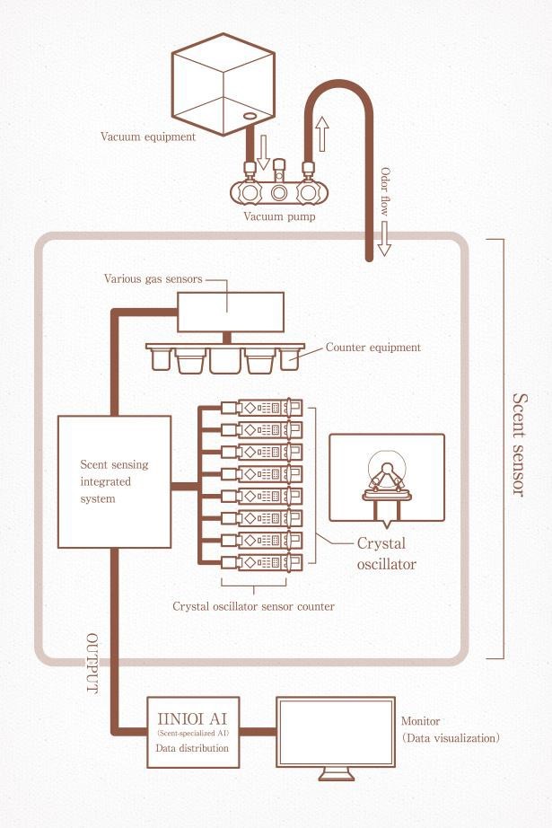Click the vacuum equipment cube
pyautogui.click(x=223, y=84)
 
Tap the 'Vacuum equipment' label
pyautogui.click(x=148, y=137)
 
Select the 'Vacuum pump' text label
pyautogui.click(x=280, y=216)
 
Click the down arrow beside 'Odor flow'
pyautogui.click(x=384, y=239)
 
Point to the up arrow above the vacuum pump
pyautogui.click(x=322, y=134)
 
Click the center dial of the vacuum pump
pyautogui.click(x=279, y=193)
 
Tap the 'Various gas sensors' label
pyautogui.click(x=153, y=278)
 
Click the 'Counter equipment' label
pyautogui.click(x=373, y=348)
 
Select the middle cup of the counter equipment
pyautogui.click(x=225, y=361)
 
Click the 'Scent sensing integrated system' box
pyautogui.click(x=115, y=481)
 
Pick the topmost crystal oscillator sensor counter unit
pyautogui.click(x=262, y=408)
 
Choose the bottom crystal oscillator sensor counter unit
pyautogui.click(x=262, y=562)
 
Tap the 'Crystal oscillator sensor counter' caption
pyautogui.click(x=253, y=606)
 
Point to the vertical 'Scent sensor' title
pyautogui.click(x=520, y=445)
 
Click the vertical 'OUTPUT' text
pyautogui.click(x=92, y=664)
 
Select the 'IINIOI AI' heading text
pyautogui.click(x=193, y=718)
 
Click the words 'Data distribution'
pyautogui.click(x=192, y=748)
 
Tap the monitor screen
pyautogui.click(x=337, y=732)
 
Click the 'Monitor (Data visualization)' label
pyautogui.click(x=451, y=729)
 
